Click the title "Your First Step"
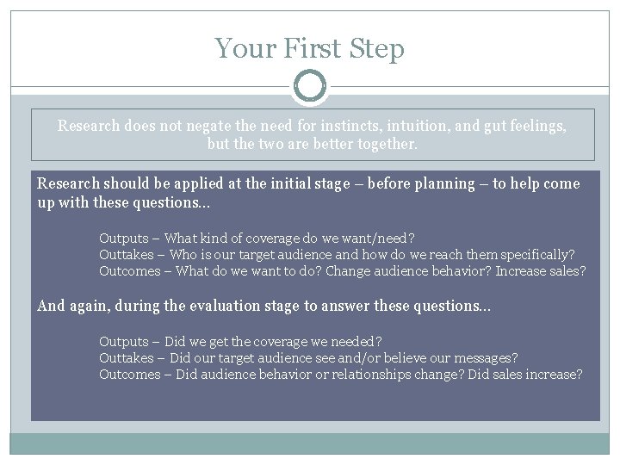(x=310, y=48)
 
